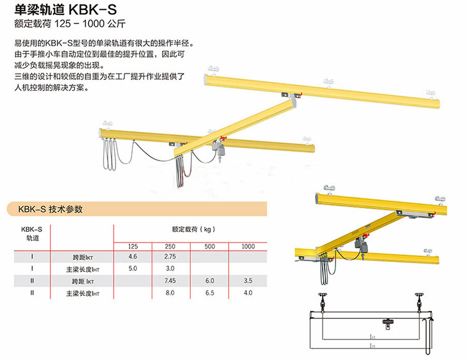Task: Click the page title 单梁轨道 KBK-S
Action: point(65,10)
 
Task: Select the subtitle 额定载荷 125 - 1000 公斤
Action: point(70,24)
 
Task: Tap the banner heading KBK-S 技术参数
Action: point(50,209)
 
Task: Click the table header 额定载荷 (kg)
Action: point(193,229)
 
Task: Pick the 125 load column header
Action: point(133,246)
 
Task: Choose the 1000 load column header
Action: point(248,246)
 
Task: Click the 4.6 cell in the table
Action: point(133,256)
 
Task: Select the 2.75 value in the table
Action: point(170,256)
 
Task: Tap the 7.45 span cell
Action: point(170,280)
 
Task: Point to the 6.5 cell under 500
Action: point(210,293)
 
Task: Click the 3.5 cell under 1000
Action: point(248,280)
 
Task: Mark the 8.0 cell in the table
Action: point(170,293)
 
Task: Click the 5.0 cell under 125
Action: point(133,269)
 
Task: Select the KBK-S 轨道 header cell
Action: point(32,234)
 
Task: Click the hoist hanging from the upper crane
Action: point(219,149)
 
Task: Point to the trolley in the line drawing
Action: point(388,323)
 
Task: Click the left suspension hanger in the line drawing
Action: point(322,302)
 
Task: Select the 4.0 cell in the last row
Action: point(248,293)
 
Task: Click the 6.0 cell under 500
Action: point(210,280)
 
